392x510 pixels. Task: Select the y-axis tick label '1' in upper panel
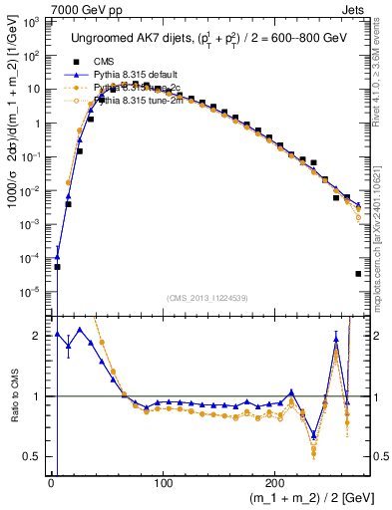pyautogui.click(x=40, y=124)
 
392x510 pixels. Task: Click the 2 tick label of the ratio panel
pyautogui.click(x=40, y=336)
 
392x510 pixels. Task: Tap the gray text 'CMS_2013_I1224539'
pyautogui.click(x=208, y=298)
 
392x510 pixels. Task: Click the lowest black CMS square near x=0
pyautogui.click(x=58, y=267)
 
